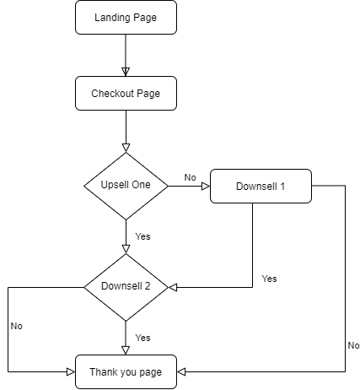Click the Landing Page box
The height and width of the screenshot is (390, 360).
(126, 17)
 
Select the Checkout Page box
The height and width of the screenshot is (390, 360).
(126, 93)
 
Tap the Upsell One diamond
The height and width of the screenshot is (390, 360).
(126, 186)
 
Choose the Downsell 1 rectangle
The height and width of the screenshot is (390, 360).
(261, 186)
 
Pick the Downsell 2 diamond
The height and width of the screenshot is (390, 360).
(126, 287)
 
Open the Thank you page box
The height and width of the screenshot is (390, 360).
(126, 371)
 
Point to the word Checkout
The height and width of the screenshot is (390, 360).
(113, 93)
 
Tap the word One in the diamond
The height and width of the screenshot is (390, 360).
(141, 185)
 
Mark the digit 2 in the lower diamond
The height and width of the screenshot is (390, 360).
(148, 286)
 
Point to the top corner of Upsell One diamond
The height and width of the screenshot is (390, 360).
(126, 154)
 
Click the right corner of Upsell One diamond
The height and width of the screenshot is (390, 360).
(166, 186)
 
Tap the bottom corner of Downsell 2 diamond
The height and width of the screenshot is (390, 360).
(126, 319)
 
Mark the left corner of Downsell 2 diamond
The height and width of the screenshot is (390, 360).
(86, 287)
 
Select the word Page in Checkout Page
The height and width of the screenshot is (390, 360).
(148, 93)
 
